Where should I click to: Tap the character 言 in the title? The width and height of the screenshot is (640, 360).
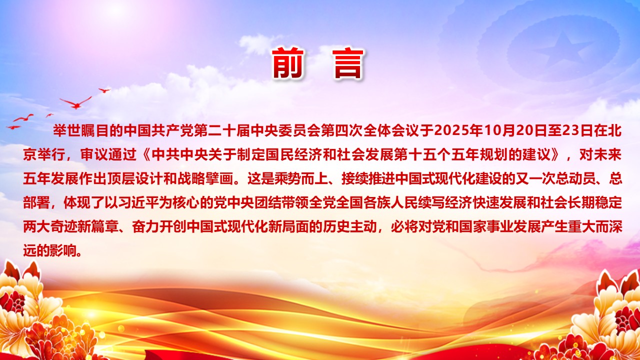[x=347, y=64]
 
